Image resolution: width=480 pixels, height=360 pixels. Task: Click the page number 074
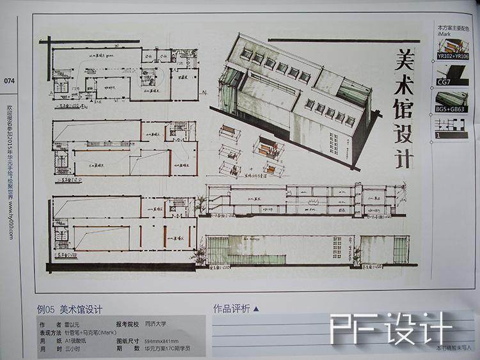pos(9,81)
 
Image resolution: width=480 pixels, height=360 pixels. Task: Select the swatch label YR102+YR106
pos(453,56)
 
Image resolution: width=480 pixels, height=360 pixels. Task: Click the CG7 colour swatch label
pos(443,82)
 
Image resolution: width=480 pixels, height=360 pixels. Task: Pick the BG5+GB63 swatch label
pos(452,109)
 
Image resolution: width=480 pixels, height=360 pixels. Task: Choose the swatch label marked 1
pos(438,136)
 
